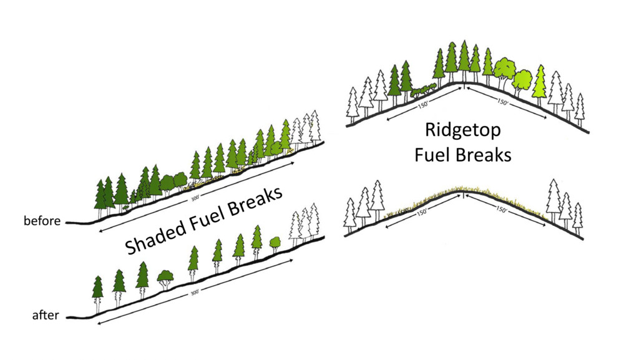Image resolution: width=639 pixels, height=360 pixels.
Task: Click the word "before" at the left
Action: pos(41,221)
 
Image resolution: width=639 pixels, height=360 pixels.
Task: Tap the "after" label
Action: pos(46,316)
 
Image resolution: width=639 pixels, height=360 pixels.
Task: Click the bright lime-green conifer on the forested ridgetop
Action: pos(540,83)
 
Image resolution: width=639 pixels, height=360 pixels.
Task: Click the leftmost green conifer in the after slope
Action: pos(97,289)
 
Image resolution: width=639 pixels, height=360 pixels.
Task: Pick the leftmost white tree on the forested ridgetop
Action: pos(353,107)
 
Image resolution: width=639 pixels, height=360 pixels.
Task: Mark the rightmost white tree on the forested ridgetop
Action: pos(580,108)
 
